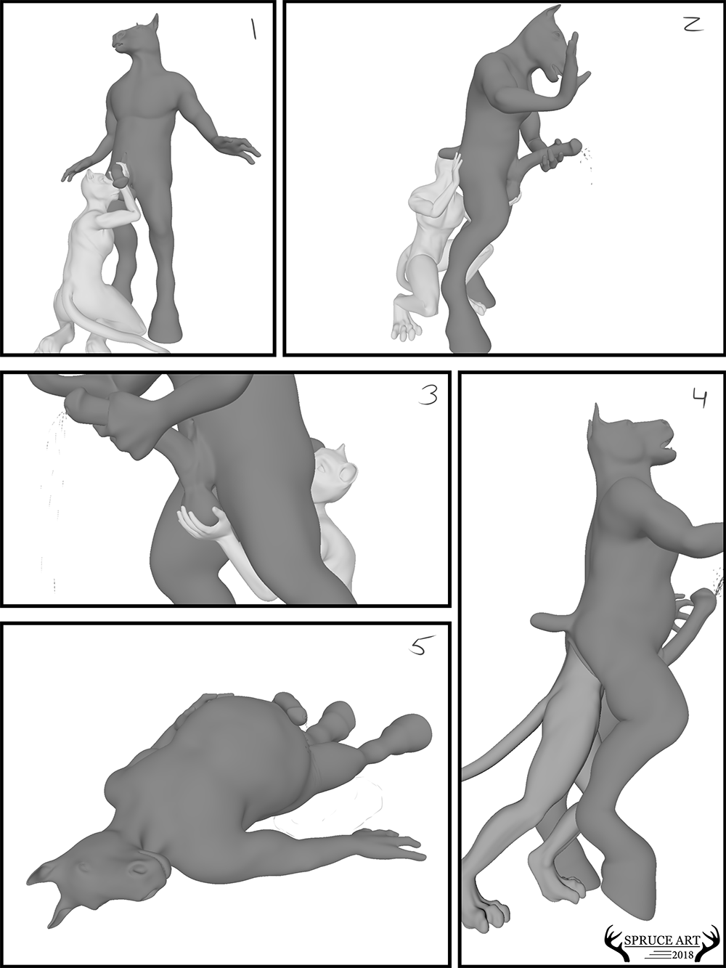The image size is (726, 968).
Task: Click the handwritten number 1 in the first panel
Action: click(x=253, y=30)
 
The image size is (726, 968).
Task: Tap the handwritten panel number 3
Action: click(x=428, y=395)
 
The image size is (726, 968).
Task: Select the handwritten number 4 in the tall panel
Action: click(x=698, y=399)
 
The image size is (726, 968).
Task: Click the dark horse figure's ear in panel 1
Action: click(x=154, y=20)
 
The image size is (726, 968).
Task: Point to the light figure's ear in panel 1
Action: click(x=91, y=174)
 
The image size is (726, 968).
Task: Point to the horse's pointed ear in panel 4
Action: click(x=597, y=418)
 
